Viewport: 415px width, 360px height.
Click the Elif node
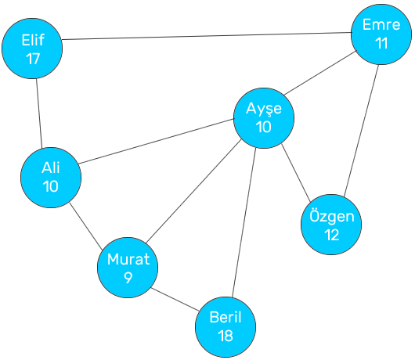32,49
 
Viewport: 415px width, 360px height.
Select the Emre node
381,34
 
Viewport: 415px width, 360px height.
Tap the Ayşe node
264,118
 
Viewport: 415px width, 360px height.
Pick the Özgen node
331,225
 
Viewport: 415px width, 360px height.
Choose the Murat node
128,268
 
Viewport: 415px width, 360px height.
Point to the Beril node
226,327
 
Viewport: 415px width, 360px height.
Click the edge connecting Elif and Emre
207,36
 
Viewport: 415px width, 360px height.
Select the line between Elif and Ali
39,113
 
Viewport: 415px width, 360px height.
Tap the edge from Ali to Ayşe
156,141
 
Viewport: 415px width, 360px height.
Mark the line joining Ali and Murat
86,226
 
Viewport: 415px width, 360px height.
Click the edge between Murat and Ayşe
193,191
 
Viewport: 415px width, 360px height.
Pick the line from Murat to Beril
175,299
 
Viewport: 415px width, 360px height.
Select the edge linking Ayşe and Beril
244,222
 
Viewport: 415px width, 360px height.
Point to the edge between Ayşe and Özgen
296,173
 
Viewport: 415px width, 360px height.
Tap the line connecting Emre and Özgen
361,131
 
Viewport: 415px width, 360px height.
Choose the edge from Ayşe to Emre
319,73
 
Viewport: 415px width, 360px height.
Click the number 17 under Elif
33,59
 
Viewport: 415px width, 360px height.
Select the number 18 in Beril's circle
226,336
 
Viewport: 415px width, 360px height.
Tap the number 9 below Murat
128,278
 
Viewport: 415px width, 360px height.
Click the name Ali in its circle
51,167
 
